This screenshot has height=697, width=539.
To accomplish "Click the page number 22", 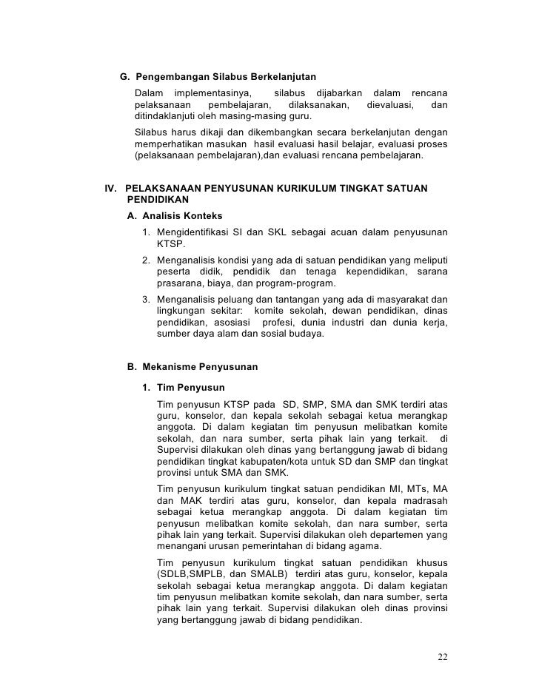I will tap(442, 656).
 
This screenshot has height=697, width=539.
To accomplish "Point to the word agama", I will tap(364, 546).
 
